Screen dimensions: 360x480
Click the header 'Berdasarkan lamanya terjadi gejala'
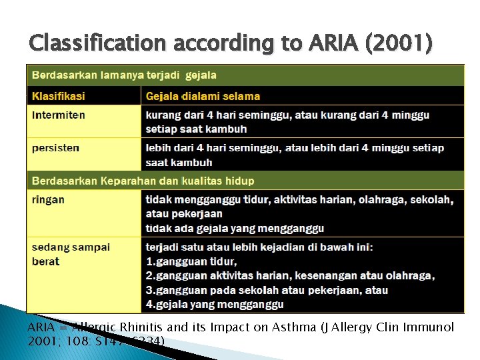point(124,75)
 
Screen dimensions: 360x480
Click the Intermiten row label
point(59,115)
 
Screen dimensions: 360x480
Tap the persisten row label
point(55,148)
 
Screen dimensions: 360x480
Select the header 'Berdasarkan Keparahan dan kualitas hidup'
point(143,181)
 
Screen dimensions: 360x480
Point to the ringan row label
point(48,199)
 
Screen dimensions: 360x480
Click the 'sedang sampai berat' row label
point(71,254)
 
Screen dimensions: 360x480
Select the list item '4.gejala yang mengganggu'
point(215,305)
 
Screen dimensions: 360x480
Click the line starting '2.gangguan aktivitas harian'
point(290,276)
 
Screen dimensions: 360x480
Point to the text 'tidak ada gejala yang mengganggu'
point(235,228)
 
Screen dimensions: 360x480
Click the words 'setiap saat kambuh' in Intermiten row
point(196,129)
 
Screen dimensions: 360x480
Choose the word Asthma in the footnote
point(299,327)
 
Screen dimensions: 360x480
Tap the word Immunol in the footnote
point(431,327)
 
